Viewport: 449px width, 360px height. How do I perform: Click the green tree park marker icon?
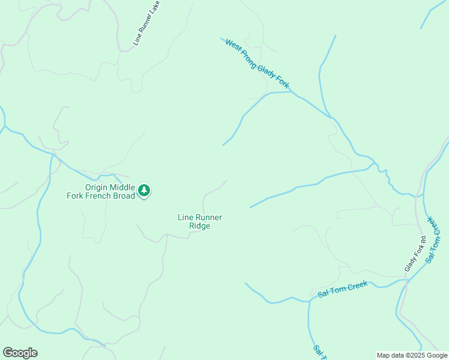click(x=144, y=191)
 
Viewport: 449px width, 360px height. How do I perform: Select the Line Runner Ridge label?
click(x=200, y=221)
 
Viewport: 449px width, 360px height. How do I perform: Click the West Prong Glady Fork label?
click(x=257, y=64)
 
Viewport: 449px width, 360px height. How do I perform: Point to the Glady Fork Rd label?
click(x=415, y=254)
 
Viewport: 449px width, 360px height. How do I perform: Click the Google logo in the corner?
click(x=20, y=353)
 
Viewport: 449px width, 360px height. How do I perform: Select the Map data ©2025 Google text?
click(x=412, y=355)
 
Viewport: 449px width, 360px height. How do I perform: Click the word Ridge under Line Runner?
click(x=200, y=226)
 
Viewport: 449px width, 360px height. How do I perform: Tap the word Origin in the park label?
click(x=97, y=187)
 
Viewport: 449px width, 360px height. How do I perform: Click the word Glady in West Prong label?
click(x=266, y=73)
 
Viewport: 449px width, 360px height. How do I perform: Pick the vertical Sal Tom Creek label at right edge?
click(x=433, y=239)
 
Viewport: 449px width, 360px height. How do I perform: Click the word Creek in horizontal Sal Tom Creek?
click(x=355, y=286)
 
